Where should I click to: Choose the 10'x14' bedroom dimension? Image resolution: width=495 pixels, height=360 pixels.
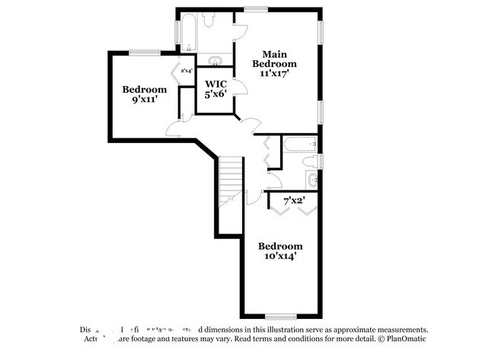[279, 256]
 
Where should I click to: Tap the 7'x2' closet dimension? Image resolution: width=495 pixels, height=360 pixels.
[293, 201]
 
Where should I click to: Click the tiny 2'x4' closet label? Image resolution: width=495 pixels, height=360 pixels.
[186, 72]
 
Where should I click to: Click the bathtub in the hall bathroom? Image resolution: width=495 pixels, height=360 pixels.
[299, 144]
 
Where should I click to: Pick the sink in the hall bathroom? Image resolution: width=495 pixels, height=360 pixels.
[314, 180]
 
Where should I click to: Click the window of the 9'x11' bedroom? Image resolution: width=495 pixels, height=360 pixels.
[145, 53]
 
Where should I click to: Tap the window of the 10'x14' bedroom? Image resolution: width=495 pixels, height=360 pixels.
[279, 316]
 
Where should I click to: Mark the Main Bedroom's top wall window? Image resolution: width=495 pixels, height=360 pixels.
[255, 9]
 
